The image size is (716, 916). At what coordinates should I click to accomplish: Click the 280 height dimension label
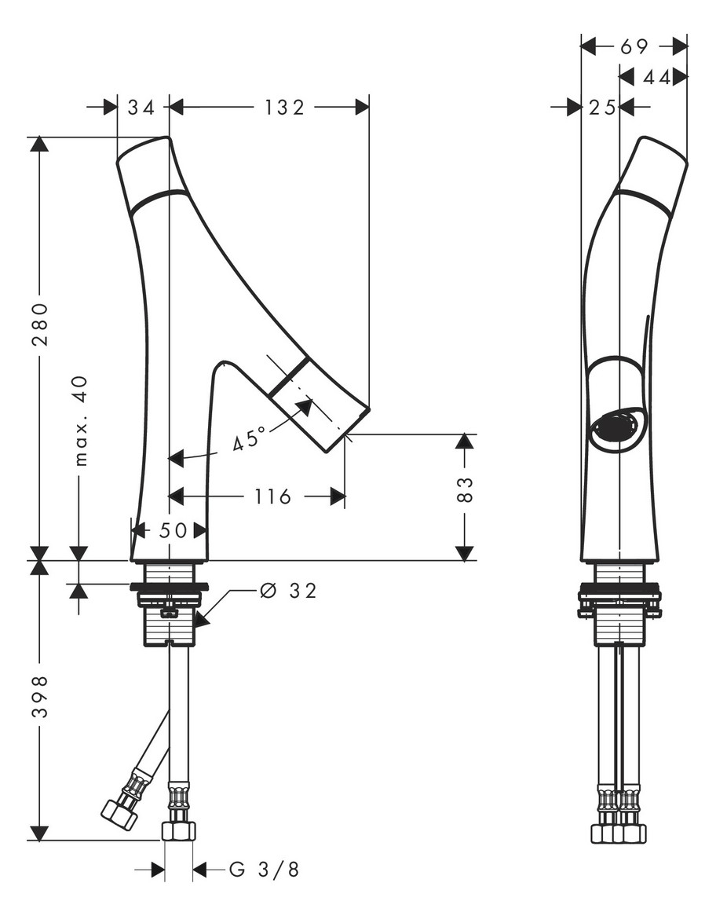[x=40, y=324]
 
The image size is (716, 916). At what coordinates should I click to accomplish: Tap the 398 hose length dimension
[x=40, y=697]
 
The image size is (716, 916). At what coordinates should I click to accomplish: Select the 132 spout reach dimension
[x=284, y=107]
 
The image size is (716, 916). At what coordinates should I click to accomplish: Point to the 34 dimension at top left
[x=141, y=107]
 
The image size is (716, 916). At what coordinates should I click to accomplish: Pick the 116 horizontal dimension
[x=272, y=496]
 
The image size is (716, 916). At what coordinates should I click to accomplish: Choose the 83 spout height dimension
[x=464, y=489]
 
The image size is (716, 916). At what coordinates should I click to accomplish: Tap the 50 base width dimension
[x=173, y=530]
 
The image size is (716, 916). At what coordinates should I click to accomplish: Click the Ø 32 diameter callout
[x=288, y=591]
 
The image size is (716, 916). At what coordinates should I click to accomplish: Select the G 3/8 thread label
[x=264, y=870]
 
